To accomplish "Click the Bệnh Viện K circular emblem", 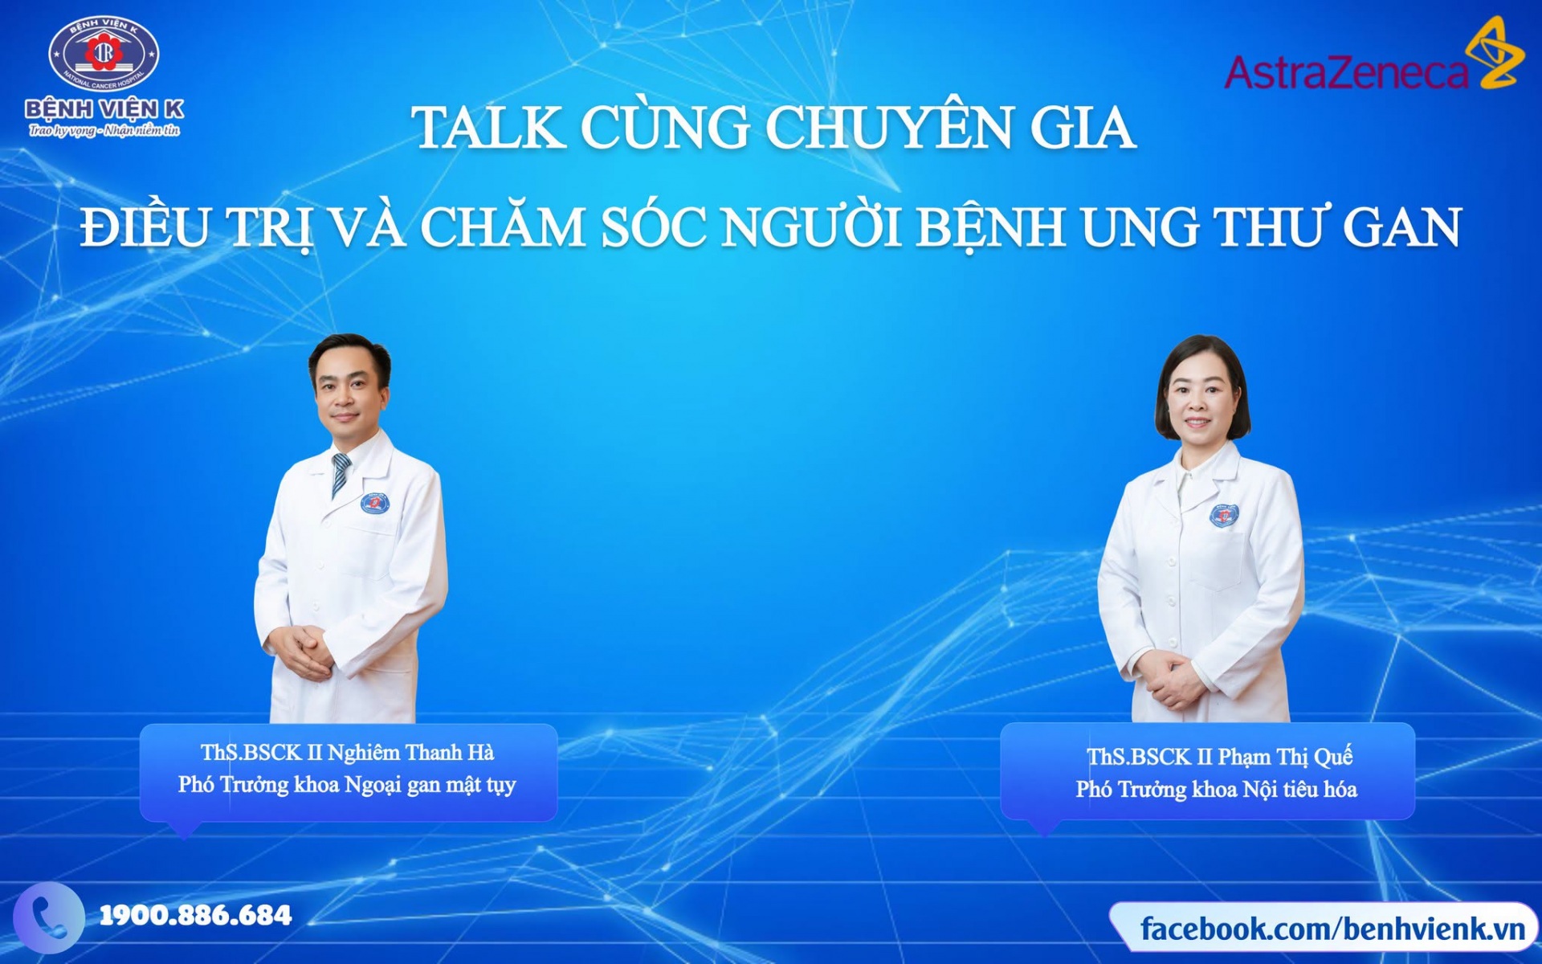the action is point(104,55).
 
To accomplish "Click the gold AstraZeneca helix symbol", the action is point(1494,51).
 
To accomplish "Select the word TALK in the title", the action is point(488,128).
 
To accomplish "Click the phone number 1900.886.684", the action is point(195,915).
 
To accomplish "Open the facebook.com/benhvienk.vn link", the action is point(1332,929).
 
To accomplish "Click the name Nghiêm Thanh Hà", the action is point(410,753).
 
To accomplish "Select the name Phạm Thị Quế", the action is point(1285,757).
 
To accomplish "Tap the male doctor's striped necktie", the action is point(341,474).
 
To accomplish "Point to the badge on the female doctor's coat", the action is point(1224,515).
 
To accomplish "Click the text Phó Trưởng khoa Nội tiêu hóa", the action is point(1216,790).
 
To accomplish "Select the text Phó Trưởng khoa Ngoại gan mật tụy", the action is point(347,785).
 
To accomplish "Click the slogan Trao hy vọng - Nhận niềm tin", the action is point(104,130).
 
